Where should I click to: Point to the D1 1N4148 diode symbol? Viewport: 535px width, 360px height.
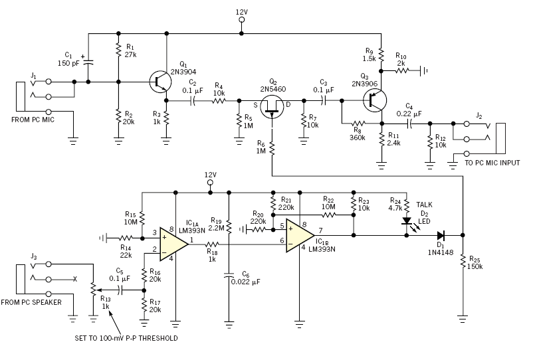click(x=440, y=234)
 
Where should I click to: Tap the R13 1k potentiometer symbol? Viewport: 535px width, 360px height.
click(x=92, y=290)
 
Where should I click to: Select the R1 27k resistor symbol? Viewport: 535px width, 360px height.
click(x=118, y=50)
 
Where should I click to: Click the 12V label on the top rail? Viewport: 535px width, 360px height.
click(x=241, y=12)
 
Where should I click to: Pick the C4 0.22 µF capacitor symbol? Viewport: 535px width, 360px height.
click(x=407, y=123)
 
